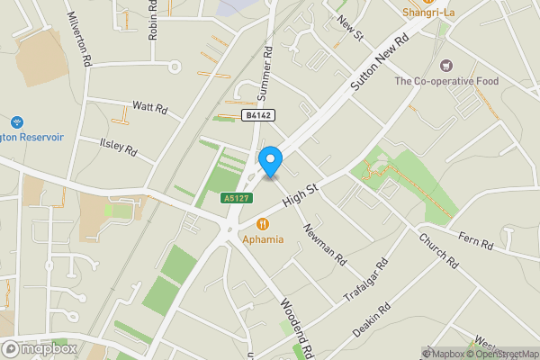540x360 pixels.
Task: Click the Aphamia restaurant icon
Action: [x=263, y=223]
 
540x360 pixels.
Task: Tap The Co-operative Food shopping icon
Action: [x=445, y=65]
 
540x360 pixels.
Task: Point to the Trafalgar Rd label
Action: [x=366, y=282]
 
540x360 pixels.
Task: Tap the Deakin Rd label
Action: [x=372, y=319]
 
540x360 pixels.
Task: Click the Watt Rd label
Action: [x=150, y=108]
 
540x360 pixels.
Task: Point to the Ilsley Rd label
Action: [x=118, y=144]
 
